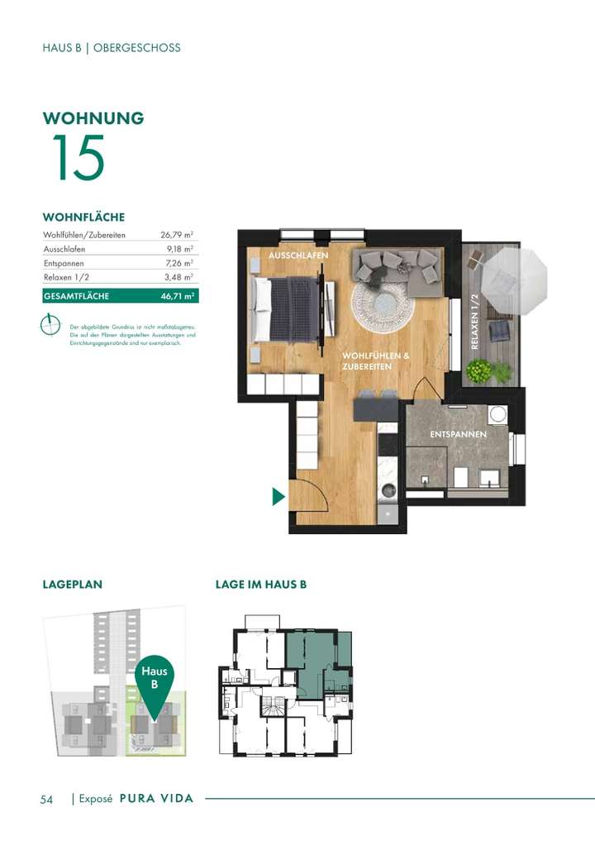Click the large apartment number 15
tap(79, 158)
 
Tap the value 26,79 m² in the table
tap(177, 236)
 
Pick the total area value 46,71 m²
tap(178, 296)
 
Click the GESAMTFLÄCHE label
tap(76, 296)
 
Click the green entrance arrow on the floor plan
tap(278, 496)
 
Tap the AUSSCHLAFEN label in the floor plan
tap(298, 256)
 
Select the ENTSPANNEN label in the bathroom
tap(458, 434)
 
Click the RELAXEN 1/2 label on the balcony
tap(475, 323)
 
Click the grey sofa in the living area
tap(397, 266)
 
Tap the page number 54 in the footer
tap(47, 800)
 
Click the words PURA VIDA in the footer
tap(156, 799)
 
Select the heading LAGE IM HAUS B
tap(260, 585)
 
